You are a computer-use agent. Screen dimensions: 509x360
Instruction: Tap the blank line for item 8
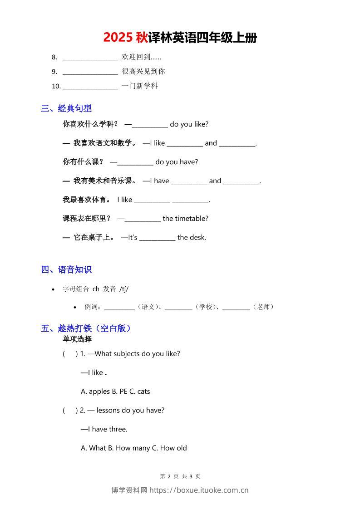(90, 58)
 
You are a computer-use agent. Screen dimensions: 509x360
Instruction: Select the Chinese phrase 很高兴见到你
(143, 71)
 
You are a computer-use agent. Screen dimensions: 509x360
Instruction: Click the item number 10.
(56, 86)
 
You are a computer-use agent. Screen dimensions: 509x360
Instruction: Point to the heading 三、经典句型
(66, 108)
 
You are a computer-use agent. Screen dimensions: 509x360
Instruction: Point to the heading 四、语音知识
(66, 270)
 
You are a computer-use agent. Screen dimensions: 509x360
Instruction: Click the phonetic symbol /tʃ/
(124, 289)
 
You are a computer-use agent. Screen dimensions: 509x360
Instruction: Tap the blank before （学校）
(178, 308)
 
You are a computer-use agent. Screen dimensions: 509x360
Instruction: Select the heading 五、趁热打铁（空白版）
(86, 328)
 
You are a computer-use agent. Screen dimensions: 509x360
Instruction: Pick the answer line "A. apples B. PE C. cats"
(115, 392)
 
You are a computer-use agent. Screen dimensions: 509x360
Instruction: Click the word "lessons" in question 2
(108, 411)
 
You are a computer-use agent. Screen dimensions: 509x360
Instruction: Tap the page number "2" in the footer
(169, 476)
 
